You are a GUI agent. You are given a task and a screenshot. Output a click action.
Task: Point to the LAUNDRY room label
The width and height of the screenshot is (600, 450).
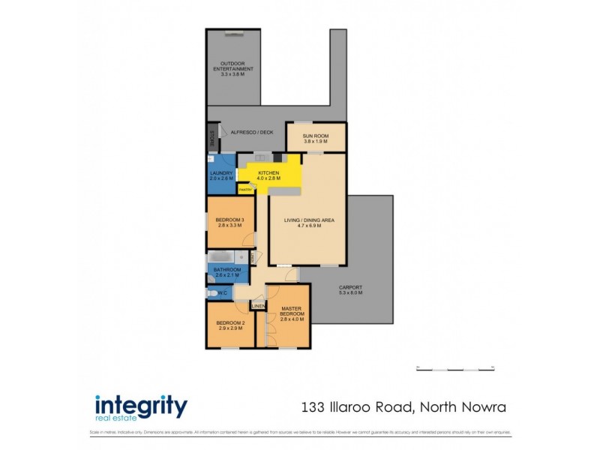click(221, 175)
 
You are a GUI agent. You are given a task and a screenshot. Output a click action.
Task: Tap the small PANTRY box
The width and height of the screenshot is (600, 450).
click(244, 190)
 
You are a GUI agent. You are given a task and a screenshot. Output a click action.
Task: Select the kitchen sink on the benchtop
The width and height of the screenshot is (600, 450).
click(261, 157)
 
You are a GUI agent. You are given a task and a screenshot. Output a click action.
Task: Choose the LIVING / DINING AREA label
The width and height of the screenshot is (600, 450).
click(309, 220)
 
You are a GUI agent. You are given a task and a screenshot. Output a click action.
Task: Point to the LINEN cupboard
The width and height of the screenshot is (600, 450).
click(258, 306)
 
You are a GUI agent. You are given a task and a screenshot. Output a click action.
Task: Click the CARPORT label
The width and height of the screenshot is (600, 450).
click(350, 287)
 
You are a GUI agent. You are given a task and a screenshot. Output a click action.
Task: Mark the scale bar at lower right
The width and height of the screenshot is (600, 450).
click(455, 367)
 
